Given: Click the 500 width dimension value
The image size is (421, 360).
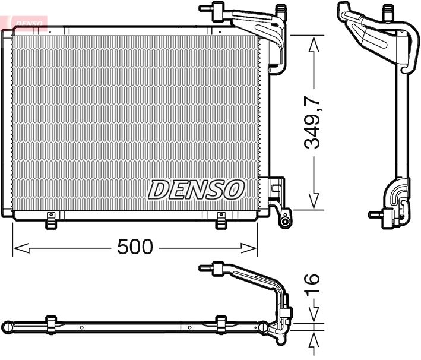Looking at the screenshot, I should point(135,247).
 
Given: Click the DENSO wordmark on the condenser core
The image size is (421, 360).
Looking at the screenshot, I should point(196,190).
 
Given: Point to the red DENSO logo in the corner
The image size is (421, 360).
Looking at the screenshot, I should point(26,22).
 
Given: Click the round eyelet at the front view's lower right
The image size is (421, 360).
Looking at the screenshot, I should point(286,222).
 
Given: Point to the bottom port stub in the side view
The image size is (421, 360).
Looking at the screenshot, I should point(375,214).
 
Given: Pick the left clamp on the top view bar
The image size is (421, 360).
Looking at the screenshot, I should point(51,325).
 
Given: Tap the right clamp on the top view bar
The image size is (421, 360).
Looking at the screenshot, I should point(221,325).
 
